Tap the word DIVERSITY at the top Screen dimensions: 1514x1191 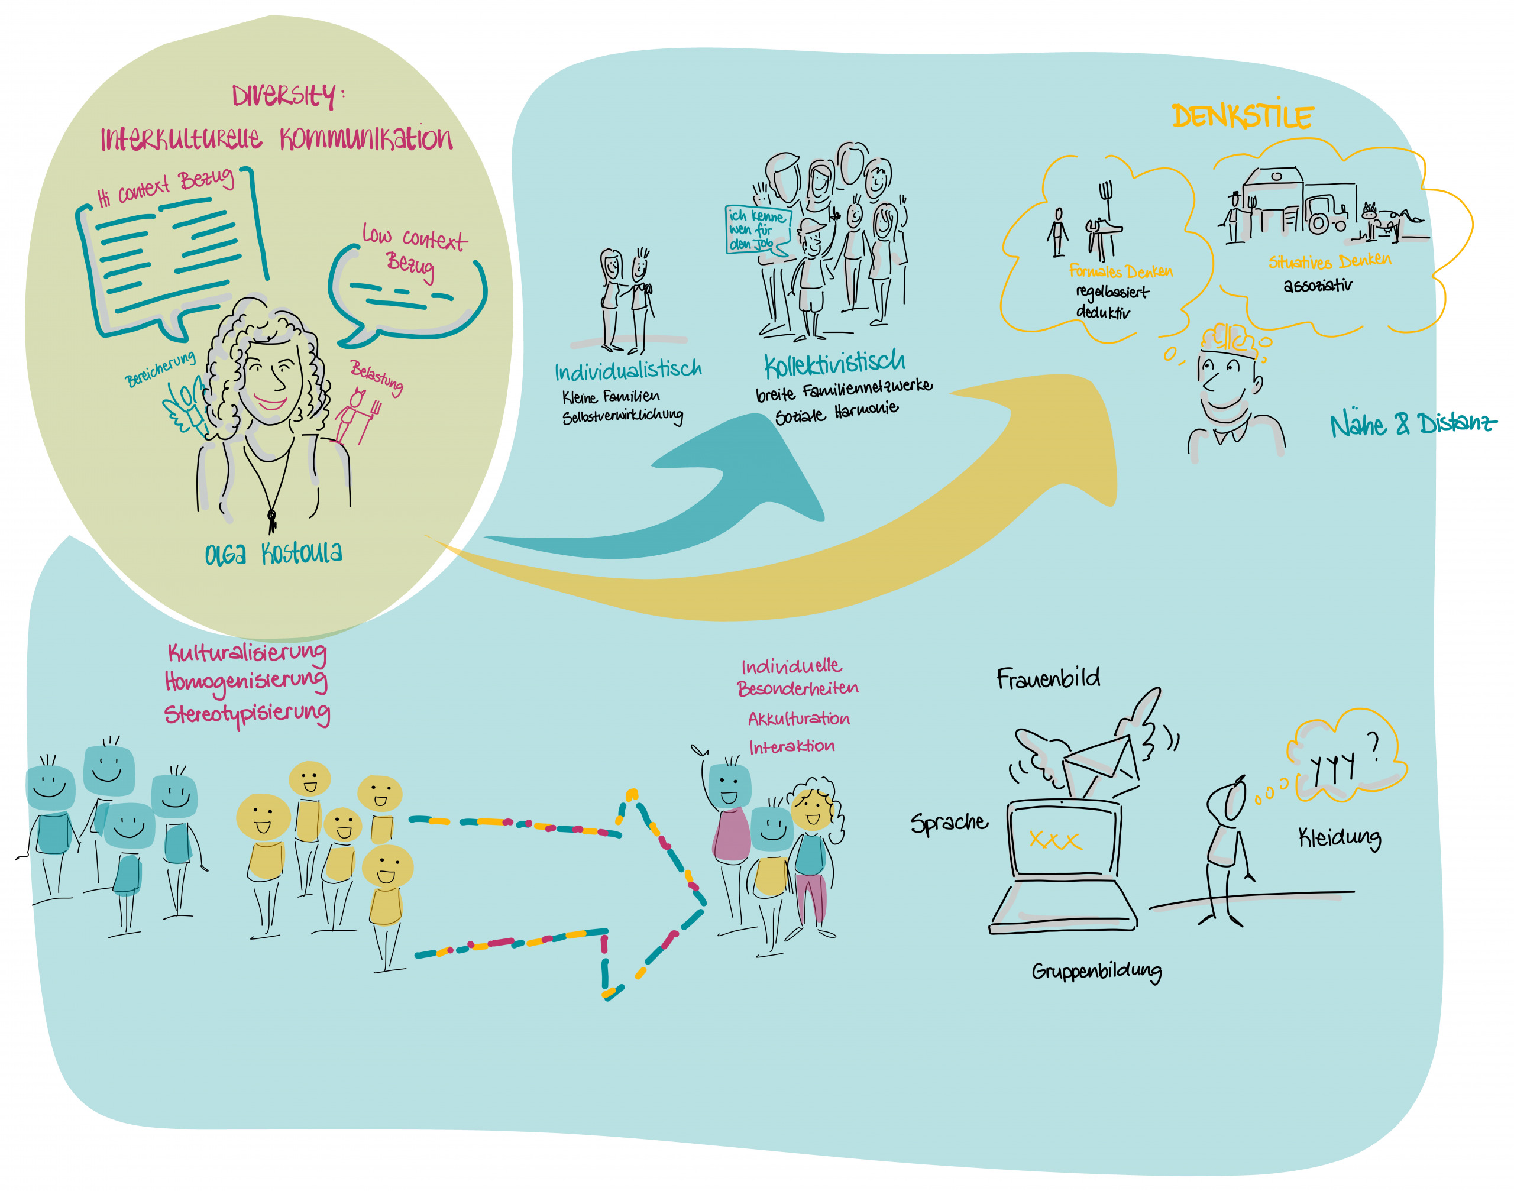click(285, 96)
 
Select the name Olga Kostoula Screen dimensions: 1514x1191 click(273, 553)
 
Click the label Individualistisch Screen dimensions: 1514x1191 click(627, 370)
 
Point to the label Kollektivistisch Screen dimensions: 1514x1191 click(834, 362)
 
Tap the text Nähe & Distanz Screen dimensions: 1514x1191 click(1413, 423)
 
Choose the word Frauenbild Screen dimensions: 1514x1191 click(1048, 678)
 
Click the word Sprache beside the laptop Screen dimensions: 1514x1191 click(949, 823)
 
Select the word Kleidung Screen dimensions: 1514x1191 click(1339, 837)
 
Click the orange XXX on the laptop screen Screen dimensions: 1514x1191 click(1055, 840)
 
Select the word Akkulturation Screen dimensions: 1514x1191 click(798, 719)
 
